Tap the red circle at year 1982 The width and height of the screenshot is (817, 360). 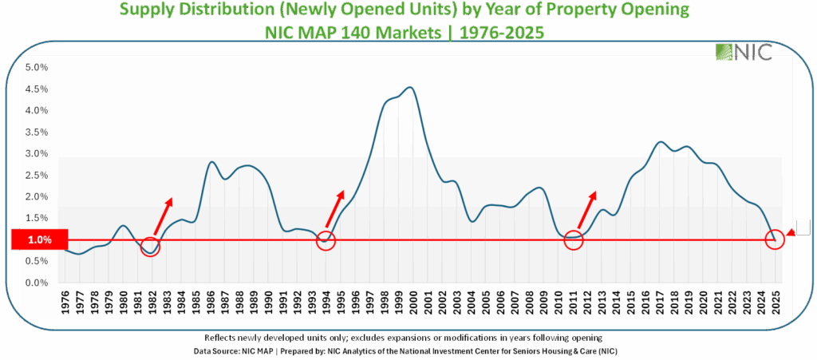(150, 247)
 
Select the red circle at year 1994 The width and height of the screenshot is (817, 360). (326, 239)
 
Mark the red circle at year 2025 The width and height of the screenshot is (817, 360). (775, 239)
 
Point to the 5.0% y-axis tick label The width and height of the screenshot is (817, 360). (36, 67)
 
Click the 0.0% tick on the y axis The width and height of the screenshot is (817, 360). (36, 283)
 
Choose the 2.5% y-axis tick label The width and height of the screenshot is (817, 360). (36, 175)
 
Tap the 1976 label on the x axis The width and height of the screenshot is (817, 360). (63, 304)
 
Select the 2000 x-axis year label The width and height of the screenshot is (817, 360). (413, 304)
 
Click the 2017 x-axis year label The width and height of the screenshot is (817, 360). (661, 304)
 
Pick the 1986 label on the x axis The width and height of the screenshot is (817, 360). (209, 304)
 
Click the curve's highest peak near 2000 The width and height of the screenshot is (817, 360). (409, 88)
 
